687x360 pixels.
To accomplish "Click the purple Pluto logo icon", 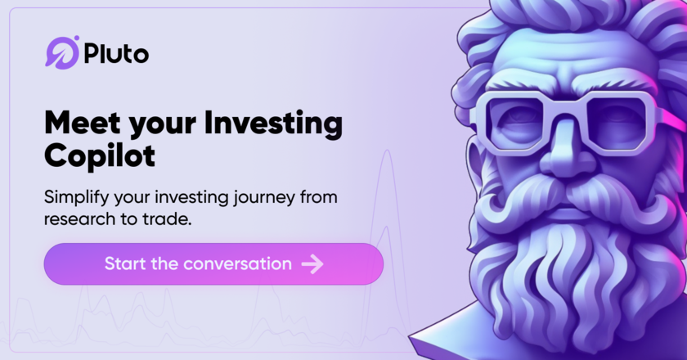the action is point(62,52).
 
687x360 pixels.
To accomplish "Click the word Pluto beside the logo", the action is point(116,53).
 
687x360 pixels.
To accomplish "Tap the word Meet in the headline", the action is point(83,123).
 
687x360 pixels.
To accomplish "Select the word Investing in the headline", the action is point(273,124).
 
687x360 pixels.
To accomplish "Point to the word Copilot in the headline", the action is point(100,156).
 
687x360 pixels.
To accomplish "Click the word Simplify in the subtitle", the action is point(76,197).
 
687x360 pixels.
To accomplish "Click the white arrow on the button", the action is point(312,264).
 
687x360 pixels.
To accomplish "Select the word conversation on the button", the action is point(237,264).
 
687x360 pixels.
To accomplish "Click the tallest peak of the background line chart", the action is point(387,151).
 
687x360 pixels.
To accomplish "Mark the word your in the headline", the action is point(163,125).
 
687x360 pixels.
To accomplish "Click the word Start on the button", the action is point(125,264).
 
